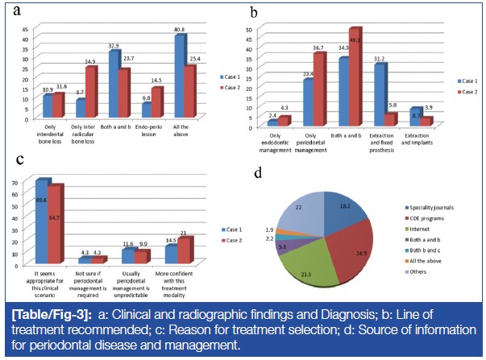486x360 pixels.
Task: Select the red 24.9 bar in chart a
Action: pyautogui.click(x=90, y=94)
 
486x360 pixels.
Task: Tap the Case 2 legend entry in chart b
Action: pyautogui.click(x=468, y=92)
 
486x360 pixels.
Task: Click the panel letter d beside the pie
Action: pyautogui.click(x=257, y=172)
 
